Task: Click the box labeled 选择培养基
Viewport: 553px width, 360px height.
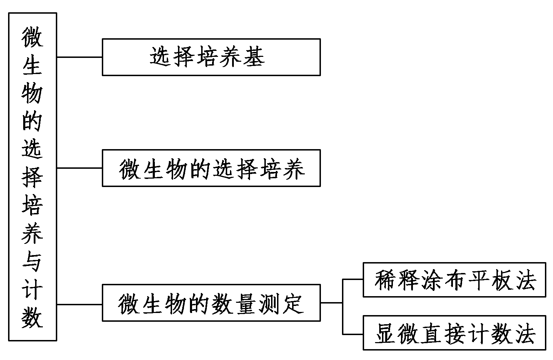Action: tap(211, 57)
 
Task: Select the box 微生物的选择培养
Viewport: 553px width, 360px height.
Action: tap(211, 168)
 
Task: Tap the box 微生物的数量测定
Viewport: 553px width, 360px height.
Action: tap(211, 303)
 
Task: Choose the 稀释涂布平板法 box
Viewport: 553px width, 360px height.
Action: tap(454, 280)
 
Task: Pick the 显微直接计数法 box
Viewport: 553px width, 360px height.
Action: tap(454, 333)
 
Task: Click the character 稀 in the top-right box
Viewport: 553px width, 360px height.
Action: tap(386, 280)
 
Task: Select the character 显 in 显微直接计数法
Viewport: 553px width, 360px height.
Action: tap(386, 333)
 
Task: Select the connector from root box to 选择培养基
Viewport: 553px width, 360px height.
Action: tap(79, 57)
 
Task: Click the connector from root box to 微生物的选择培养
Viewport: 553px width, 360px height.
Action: tap(79, 168)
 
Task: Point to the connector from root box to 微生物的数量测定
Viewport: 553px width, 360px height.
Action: tap(79, 304)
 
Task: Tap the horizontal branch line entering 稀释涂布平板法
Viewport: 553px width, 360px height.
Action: tap(353, 279)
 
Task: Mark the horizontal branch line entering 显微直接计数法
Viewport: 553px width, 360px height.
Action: tap(353, 334)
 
